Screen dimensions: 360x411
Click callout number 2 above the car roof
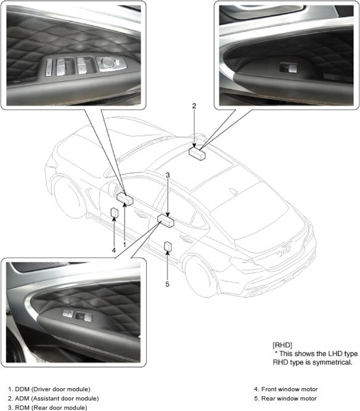[194, 106]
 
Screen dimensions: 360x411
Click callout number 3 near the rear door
[168, 175]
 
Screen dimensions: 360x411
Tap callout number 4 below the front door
[113, 251]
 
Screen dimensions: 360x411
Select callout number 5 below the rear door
[167, 284]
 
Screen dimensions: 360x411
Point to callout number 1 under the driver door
[125, 244]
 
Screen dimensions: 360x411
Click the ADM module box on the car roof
[197, 153]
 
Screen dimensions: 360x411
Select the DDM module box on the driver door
[125, 199]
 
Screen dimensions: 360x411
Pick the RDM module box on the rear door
[166, 220]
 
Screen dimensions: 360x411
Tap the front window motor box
[115, 212]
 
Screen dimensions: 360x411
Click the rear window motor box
[168, 247]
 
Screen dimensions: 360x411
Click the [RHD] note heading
[282, 345]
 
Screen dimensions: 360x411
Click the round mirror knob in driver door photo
[107, 62]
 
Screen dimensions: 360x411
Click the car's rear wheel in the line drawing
[201, 277]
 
